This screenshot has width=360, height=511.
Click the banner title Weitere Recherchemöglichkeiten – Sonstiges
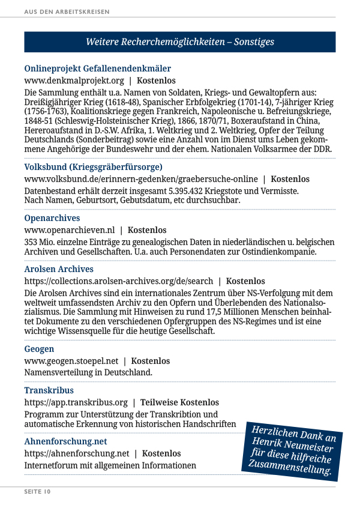[179, 42]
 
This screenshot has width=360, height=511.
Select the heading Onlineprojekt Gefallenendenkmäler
[97, 68]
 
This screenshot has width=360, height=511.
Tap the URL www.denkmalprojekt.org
[74, 80]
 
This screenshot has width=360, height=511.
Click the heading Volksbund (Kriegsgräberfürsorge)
[93, 167]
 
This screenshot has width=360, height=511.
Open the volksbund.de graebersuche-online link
[140, 179]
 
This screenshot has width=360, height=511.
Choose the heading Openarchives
[52, 218]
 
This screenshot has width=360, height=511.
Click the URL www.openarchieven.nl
[69, 230]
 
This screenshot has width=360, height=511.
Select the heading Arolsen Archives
[59, 269]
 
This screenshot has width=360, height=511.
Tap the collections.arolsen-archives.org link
[118, 281]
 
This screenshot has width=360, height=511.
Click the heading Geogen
[39, 349]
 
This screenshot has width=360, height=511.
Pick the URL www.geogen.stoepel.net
[71, 361]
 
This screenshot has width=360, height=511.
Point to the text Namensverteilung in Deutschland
[88, 372]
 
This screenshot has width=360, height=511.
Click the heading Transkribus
[49, 390]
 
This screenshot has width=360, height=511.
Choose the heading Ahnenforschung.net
[65, 441]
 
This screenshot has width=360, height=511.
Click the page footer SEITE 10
[37, 492]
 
